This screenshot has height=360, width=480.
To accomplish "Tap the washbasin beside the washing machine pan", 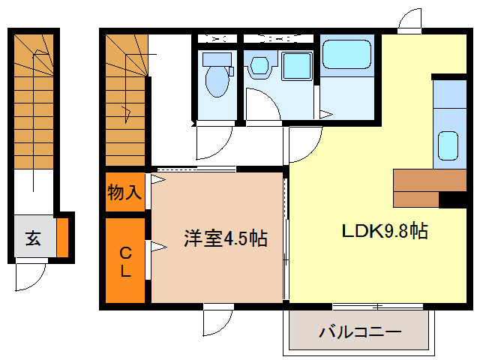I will point(259,66).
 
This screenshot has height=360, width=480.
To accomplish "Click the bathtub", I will point(346,55).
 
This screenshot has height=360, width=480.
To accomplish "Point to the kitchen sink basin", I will point(448,145).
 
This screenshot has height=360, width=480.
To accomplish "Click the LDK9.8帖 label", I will point(385,231).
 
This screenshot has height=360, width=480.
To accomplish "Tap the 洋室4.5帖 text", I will point(226,238).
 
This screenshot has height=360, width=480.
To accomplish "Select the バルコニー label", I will point(360,331).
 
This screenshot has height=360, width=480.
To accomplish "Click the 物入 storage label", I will point(124,192).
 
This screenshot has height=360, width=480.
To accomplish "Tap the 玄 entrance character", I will point(34,238).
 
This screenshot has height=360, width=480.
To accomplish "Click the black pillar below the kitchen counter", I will point(452,199).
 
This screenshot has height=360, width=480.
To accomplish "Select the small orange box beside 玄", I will point(62,236).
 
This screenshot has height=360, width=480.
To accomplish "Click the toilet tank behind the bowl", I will point(217,58).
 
